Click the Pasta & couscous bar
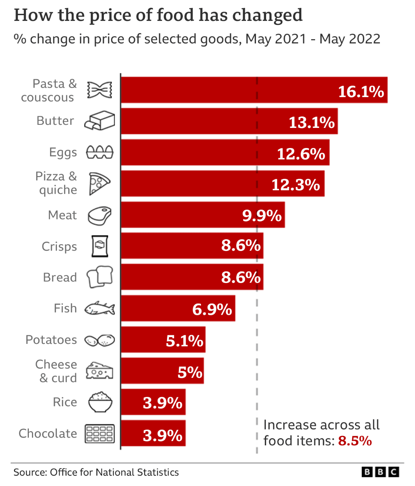pos(229,90)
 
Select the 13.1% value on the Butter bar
pos(312,122)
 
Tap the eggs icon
pos(100,152)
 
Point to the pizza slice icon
pos(98,183)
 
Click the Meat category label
pos(62,215)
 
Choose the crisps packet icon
pos(100,246)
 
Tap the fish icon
pos(100,308)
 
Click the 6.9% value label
pos(212,309)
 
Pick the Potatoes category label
pos(51,340)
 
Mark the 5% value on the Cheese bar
pos(190,372)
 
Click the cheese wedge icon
pos(100,371)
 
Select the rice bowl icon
pos(100,402)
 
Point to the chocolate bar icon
pos(100,433)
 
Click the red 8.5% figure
pos(355,441)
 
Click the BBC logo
pos(380,472)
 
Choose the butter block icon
pos(100,121)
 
